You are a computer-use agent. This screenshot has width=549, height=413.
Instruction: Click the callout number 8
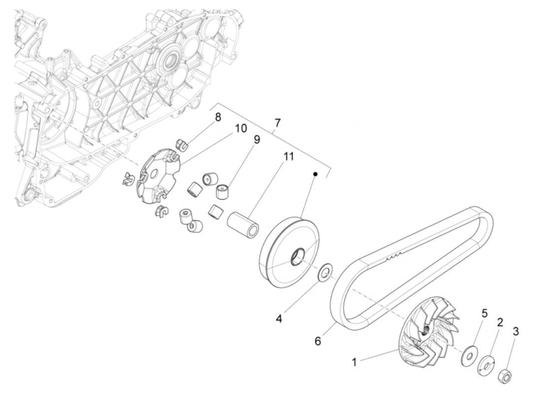218,117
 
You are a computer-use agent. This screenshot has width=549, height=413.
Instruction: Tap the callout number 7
277,122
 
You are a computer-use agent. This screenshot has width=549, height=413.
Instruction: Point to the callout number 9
256,140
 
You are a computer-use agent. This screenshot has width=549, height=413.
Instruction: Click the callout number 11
289,156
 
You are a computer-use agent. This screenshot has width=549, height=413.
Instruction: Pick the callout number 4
279,318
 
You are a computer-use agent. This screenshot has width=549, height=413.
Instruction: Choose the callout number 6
318,341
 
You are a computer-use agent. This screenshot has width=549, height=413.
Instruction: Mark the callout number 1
354,362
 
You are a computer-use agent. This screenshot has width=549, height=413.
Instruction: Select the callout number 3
516,331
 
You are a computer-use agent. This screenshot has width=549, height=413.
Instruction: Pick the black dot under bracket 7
315,174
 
